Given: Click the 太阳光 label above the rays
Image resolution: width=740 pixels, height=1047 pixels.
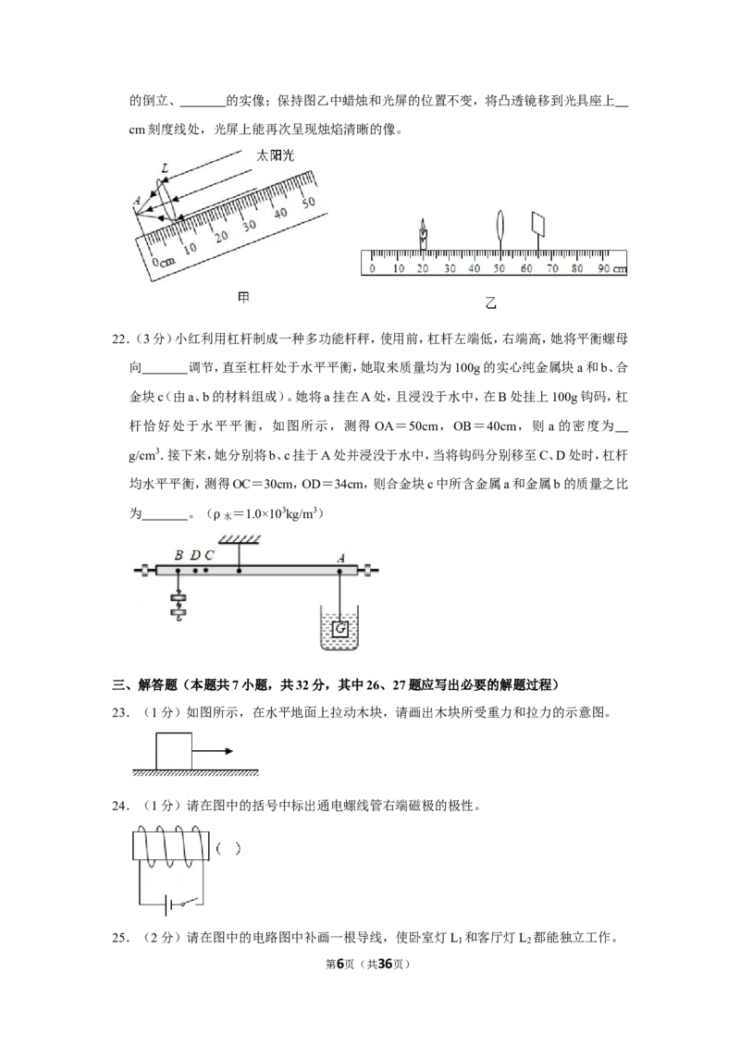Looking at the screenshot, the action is coord(275,155).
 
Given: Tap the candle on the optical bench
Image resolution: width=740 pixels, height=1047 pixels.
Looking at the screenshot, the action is coord(423,234).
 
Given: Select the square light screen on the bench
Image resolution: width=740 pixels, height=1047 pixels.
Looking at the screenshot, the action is coord(537,225).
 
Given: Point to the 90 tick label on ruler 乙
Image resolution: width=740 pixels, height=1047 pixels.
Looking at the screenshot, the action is coord(602,268).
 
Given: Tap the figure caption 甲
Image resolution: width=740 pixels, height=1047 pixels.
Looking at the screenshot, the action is coord(244,298).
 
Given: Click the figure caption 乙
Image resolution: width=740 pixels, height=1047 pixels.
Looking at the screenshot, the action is coord(491,303).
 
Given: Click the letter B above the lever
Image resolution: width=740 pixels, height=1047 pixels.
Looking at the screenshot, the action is coord(179,555).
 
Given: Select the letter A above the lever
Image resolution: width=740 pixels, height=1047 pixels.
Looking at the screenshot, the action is coord(341,559).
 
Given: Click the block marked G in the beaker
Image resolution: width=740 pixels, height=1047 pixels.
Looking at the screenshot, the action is coord(340,628).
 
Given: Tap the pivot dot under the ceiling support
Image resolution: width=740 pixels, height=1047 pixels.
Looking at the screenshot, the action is coord(239,571).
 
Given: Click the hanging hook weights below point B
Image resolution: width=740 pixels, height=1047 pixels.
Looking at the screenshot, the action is coord(179,604).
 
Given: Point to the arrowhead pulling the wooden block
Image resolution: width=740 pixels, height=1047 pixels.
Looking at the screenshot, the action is coord(228,751).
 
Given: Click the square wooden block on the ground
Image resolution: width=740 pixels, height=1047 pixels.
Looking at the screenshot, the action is coord(174,751).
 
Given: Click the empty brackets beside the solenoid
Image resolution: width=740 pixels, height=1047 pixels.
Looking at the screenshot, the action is coord(228,849).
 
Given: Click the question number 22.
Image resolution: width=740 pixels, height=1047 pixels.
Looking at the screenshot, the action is coord(119,339).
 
